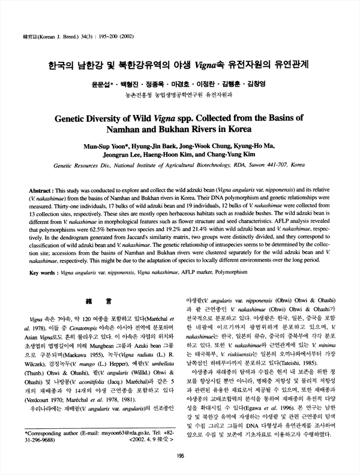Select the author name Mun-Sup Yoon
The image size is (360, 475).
(111, 146)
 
